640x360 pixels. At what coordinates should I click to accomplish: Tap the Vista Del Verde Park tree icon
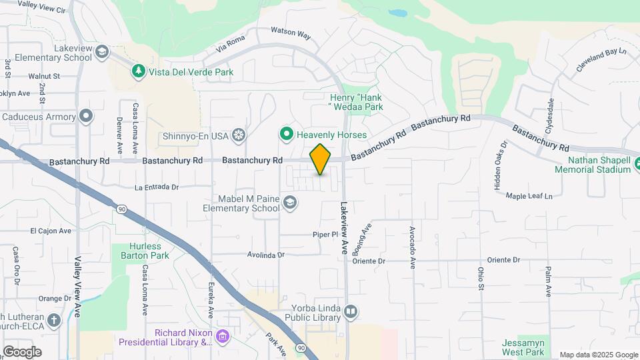click(x=138, y=71)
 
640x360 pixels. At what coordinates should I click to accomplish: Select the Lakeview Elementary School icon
click(x=102, y=52)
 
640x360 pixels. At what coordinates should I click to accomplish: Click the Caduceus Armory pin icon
click(x=86, y=117)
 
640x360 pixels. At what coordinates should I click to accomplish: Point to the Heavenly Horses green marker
click(x=287, y=135)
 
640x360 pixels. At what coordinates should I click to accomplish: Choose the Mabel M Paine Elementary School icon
click(x=290, y=202)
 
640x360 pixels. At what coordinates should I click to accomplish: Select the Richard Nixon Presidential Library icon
click(x=223, y=337)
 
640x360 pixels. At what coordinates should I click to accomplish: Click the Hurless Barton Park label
click(x=145, y=250)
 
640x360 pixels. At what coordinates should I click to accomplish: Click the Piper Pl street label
click(x=326, y=235)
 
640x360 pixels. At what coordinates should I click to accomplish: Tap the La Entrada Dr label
click(x=157, y=187)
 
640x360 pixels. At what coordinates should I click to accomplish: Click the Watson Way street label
click(x=291, y=32)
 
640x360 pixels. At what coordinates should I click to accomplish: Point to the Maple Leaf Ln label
click(x=529, y=196)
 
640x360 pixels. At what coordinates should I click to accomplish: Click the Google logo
click(x=22, y=351)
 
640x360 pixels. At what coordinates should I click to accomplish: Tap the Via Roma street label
click(x=231, y=44)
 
